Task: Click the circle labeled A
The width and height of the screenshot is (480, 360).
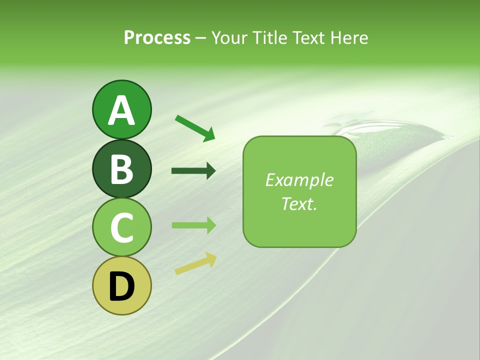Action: coord(121,109)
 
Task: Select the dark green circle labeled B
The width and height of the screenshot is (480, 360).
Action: coord(121,168)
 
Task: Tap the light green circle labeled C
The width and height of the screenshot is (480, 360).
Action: coord(121,227)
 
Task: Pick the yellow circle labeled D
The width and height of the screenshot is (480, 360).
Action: coord(121,285)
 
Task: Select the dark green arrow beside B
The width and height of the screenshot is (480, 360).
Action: coord(193,171)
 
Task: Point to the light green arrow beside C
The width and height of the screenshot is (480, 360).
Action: coord(193,225)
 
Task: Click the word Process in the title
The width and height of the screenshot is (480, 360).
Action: coord(157,37)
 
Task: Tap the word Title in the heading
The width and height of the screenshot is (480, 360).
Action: coord(269,37)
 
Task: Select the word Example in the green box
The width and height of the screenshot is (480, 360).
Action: coord(299,180)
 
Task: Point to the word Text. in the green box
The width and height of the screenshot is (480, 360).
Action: coord(299,203)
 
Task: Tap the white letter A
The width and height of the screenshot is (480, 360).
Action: coord(121,110)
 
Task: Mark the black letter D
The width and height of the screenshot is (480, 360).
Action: coord(121,287)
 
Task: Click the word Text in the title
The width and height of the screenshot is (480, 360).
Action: coord(307,37)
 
